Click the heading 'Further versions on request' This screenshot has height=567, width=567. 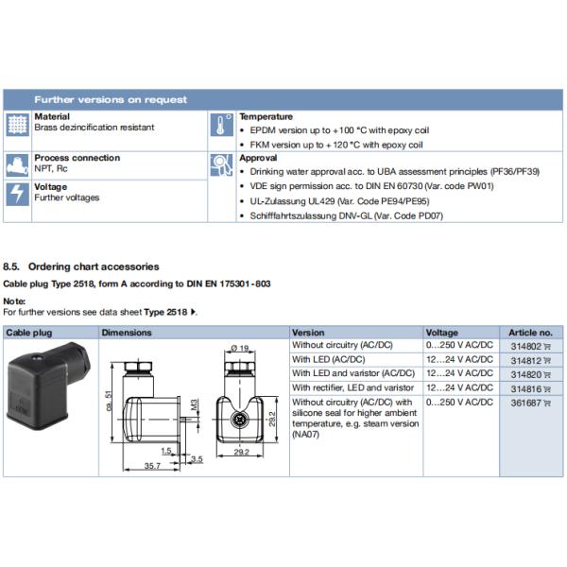[111, 99]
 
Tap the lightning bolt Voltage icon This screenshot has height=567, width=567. [18, 194]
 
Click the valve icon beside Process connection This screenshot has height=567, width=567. [18, 163]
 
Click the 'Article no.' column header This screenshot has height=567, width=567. [530, 333]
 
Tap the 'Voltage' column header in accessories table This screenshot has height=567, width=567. [442, 333]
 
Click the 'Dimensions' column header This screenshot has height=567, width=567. [127, 333]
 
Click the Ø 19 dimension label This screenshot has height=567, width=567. [238, 349]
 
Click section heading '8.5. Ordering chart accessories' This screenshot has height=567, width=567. [81, 267]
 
